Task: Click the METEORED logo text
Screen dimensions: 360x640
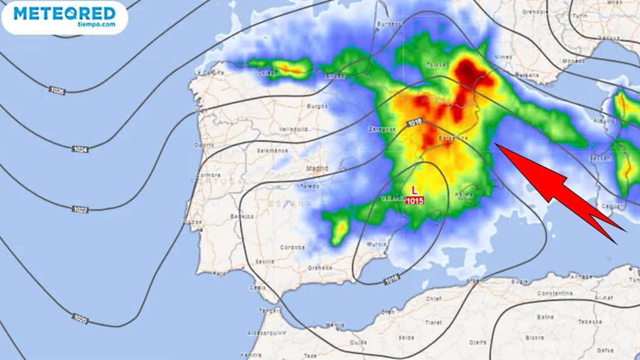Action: tap(64, 13)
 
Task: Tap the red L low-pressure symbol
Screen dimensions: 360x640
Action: tap(415, 189)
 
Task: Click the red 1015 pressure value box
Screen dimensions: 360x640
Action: tap(415, 201)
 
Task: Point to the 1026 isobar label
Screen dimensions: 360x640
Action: tap(57, 91)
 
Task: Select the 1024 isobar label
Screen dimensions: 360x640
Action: tap(79, 149)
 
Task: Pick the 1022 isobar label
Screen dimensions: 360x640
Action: tap(79, 209)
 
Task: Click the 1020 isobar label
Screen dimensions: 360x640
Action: tap(80, 319)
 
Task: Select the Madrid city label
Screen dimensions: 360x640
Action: tap(317, 169)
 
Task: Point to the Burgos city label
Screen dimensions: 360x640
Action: tap(317, 106)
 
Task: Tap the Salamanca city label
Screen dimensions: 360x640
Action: tap(275, 151)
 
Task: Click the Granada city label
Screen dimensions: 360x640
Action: tap(321, 268)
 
